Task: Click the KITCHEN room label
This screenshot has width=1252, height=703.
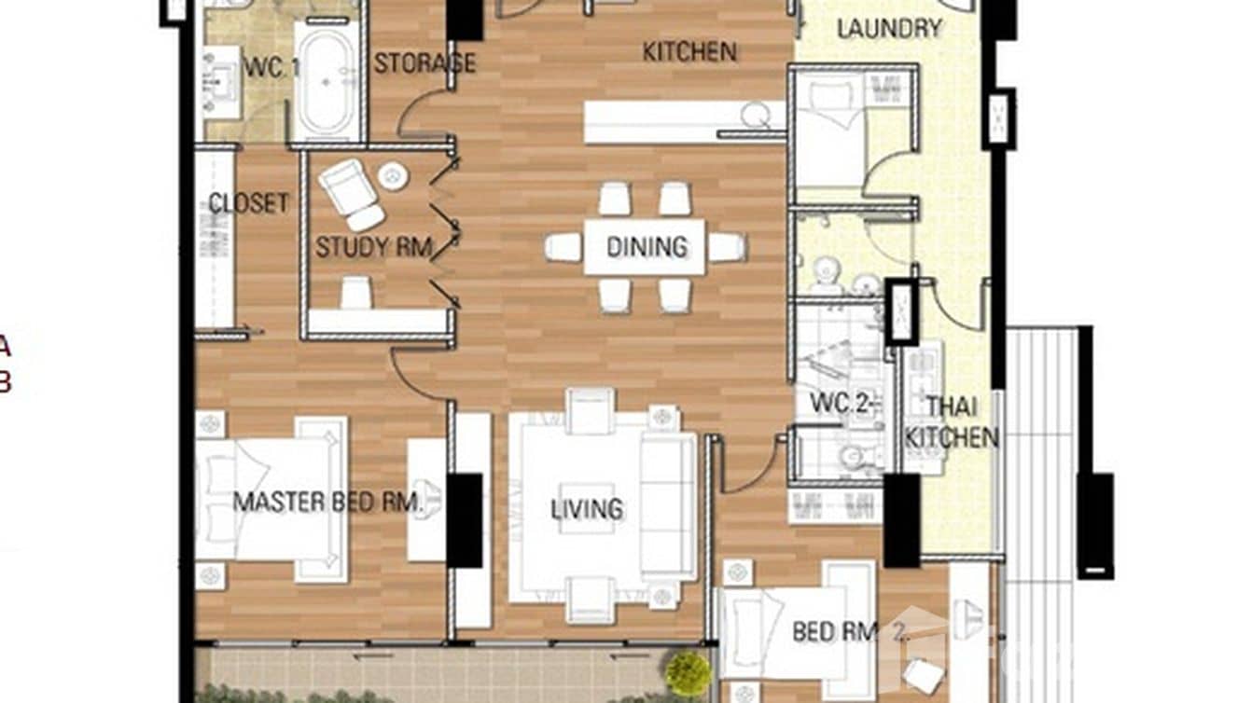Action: tap(689, 52)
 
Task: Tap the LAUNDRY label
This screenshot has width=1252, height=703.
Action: tap(888, 29)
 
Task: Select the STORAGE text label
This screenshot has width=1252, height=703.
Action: tap(424, 63)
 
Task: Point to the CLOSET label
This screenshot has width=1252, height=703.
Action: tap(248, 203)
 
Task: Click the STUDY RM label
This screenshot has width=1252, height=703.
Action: tap(373, 247)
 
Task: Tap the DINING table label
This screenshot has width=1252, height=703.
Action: tap(646, 247)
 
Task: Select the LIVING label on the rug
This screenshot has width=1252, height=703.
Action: tap(586, 509)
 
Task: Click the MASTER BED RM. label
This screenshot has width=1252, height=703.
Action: tap(328, 503)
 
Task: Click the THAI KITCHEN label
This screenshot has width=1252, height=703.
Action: tap(952, 422)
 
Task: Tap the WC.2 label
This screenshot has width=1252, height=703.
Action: tap(838, 405)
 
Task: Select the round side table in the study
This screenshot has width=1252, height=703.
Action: tap(393, 175)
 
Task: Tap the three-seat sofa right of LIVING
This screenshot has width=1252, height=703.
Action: tap(668, 506)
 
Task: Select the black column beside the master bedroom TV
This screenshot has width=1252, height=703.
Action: tap(465, 520)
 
